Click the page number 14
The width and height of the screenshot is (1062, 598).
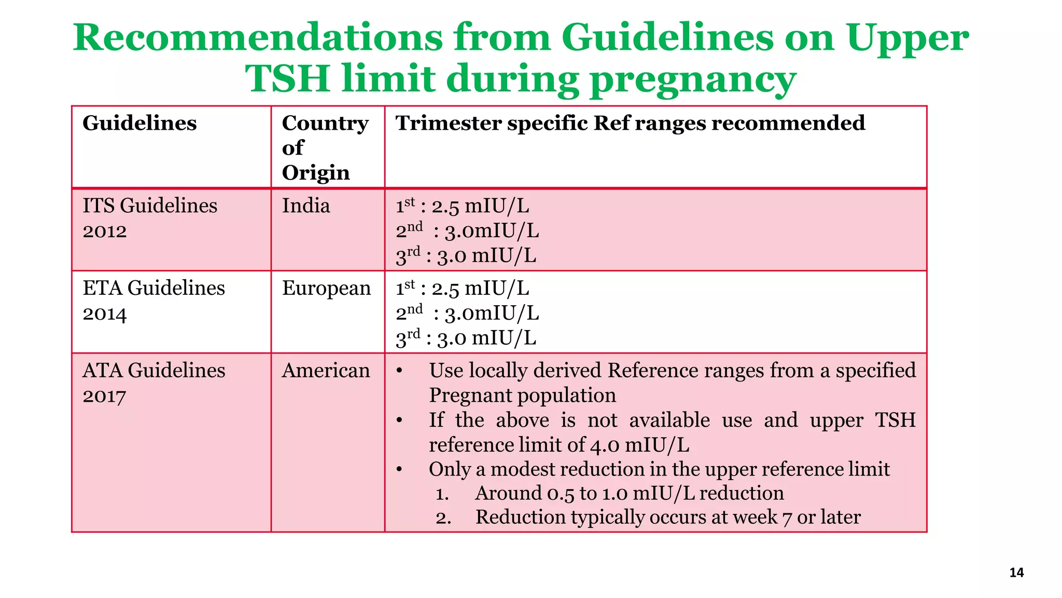(1016, 573)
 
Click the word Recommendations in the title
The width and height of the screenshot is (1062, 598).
(257, 37)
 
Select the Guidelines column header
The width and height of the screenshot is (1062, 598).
(139, 124)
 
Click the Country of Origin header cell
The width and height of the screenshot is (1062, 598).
(325, 147)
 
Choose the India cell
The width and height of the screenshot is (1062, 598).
(306, 206)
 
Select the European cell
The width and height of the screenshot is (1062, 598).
(326, 289)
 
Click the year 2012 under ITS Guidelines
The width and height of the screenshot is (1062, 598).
(105, 231)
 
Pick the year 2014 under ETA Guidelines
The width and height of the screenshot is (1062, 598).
(105, 314)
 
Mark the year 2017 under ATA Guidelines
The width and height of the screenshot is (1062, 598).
(105, 396)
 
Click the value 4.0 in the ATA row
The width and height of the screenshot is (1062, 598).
(605, 445)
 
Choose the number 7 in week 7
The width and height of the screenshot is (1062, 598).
(787, 518)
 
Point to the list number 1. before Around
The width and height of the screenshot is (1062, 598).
(442, 494)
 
